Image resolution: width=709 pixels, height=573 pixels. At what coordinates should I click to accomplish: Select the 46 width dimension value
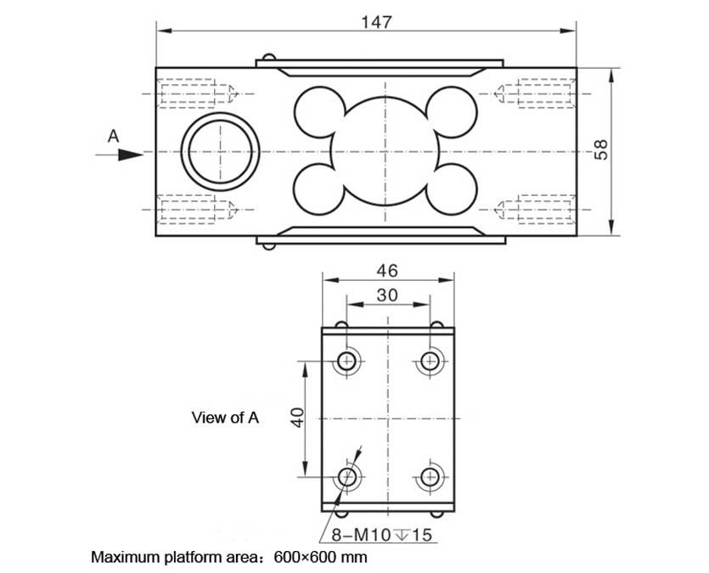coord(387,271)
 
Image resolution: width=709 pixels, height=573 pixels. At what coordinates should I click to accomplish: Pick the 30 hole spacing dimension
coord(387,295)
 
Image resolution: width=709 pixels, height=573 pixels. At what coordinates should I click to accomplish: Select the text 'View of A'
coord(225,417)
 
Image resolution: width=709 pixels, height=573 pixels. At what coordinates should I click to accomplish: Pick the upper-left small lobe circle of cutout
coord(318,110)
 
